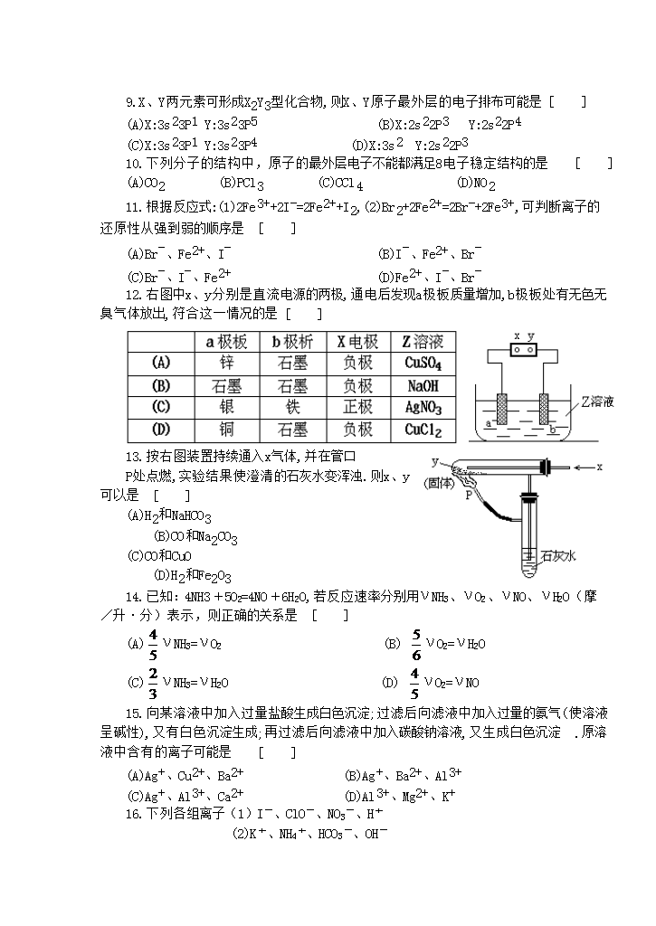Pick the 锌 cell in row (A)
(x=227, y=364)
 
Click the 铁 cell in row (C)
(x=291, y=407)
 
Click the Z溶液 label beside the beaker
(x=598, y=402)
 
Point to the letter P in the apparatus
(x=469, y=496)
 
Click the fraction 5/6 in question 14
(x=416, y=644)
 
